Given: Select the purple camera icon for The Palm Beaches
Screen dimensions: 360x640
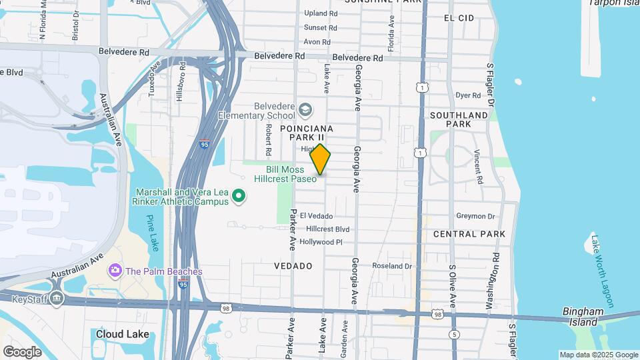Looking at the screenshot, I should point(115,271).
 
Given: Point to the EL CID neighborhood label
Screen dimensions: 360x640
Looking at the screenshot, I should point(459,18).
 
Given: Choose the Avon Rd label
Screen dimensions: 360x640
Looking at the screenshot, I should point(317,42).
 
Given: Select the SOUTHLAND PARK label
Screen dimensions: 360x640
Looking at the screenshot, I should point(459,119).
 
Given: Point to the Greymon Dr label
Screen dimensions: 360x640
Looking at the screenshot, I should point(475,216).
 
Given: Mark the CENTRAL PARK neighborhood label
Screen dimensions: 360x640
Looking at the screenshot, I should point(469,234).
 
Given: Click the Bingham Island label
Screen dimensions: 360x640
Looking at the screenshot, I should point(583,317).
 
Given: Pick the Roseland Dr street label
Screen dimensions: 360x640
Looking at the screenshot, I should point(393,266).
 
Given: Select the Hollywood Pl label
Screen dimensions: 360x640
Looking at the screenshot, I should point(321,242).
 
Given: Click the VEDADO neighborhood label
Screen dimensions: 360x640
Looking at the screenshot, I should point(293,266).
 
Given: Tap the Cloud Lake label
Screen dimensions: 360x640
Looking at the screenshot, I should point(122,334).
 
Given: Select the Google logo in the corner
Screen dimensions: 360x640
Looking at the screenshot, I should point(22,351).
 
